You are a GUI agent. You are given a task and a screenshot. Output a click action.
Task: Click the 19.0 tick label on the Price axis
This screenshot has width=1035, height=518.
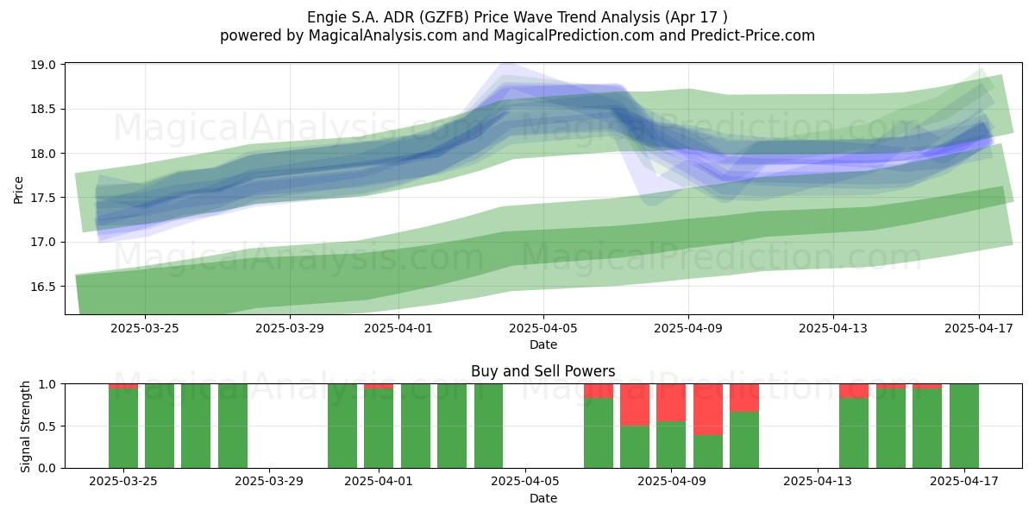(43, 66)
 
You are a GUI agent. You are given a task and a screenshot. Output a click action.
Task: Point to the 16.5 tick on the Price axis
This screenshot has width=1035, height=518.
(43, 287)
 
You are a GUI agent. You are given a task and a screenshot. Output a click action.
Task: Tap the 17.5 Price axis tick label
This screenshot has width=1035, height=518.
(43, 198)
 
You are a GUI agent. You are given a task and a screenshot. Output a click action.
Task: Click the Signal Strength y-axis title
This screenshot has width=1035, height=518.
(25, 426)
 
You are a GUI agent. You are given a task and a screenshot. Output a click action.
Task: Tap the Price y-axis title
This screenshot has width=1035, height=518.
(18, 190)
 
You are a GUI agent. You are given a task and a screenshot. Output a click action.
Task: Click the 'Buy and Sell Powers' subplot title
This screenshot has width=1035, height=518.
(543, 371)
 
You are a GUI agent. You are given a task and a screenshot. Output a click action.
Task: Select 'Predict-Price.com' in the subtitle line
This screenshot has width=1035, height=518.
(753, 35)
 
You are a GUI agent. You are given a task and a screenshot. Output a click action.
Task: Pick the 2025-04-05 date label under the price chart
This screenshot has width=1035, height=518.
(543, 328)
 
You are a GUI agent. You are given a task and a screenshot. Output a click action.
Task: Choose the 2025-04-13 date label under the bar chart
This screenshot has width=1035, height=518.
(818, 482)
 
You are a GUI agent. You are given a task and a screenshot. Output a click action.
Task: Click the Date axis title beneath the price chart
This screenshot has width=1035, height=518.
(543, 344)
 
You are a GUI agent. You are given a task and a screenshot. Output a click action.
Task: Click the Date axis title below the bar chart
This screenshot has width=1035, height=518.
(543, 498)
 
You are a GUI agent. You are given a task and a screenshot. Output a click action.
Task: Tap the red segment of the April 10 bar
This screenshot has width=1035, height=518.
(708, 409)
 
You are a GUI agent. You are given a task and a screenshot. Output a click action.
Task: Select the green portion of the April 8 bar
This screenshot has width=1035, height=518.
(635, 447)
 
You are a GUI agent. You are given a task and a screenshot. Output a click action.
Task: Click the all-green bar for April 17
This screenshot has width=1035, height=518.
(964, 426)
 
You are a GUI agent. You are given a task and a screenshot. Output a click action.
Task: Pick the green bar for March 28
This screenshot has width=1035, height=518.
(233, 426)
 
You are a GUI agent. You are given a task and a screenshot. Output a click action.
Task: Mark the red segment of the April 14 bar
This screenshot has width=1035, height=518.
(854, 391)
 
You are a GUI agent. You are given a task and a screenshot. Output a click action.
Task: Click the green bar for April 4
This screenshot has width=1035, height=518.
(488, 426)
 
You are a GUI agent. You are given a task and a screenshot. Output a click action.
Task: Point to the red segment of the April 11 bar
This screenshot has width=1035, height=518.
(744, 398)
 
